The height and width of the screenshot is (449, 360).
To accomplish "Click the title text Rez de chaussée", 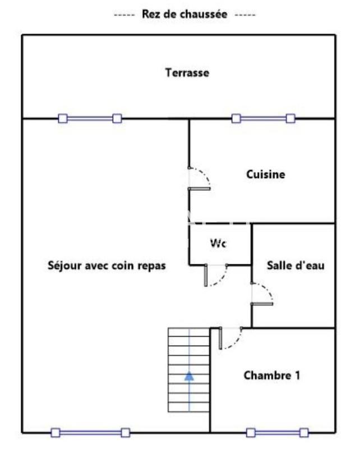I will tap(184, 15).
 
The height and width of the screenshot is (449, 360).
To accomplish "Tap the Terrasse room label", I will tap(187, 72).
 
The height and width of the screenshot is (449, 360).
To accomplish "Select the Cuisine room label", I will tap(266, 175).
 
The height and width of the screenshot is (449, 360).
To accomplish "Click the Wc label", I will tap(218, 243).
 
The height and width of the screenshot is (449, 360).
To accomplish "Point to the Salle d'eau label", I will tap(295, 265).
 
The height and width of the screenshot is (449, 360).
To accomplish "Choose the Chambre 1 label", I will tap(271, 375).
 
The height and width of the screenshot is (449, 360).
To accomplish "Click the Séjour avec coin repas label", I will tap(107, 265).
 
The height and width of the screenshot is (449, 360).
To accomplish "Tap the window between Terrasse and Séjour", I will tap(90, 118).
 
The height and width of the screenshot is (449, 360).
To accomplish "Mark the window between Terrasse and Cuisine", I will tap(264, 118).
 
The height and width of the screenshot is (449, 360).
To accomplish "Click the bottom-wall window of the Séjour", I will tap(90, 433).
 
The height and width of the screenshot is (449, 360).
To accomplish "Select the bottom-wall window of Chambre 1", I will tap(278, 433).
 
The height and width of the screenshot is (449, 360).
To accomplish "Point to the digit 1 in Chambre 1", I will tap(297, 375).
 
